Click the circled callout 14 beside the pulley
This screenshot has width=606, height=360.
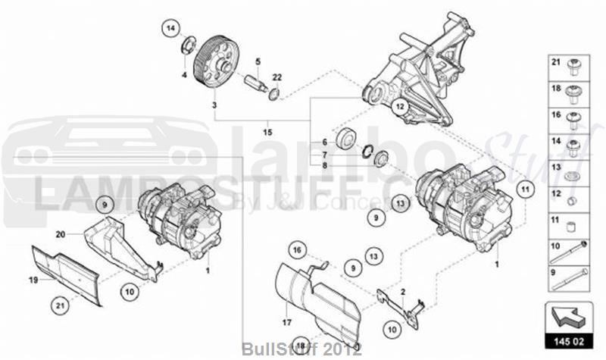(x=170, y=30)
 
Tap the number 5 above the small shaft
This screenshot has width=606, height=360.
(x=258, y=61)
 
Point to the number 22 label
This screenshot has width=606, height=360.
(x=277, y=77)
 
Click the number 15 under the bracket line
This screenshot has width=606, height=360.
(x=267, y=133)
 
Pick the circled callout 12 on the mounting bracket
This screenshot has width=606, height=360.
(x=399, y=107)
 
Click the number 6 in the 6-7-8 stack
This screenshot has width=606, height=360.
(x=323, y=142)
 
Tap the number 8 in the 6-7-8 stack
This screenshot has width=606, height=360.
(x=323, y=164)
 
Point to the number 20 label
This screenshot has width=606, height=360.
(x=61, y=235)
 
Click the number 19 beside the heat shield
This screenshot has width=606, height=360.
(x=34, y=280)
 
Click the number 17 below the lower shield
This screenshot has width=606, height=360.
(x=287, y=321)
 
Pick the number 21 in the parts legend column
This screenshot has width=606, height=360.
(x=554, y=61)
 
